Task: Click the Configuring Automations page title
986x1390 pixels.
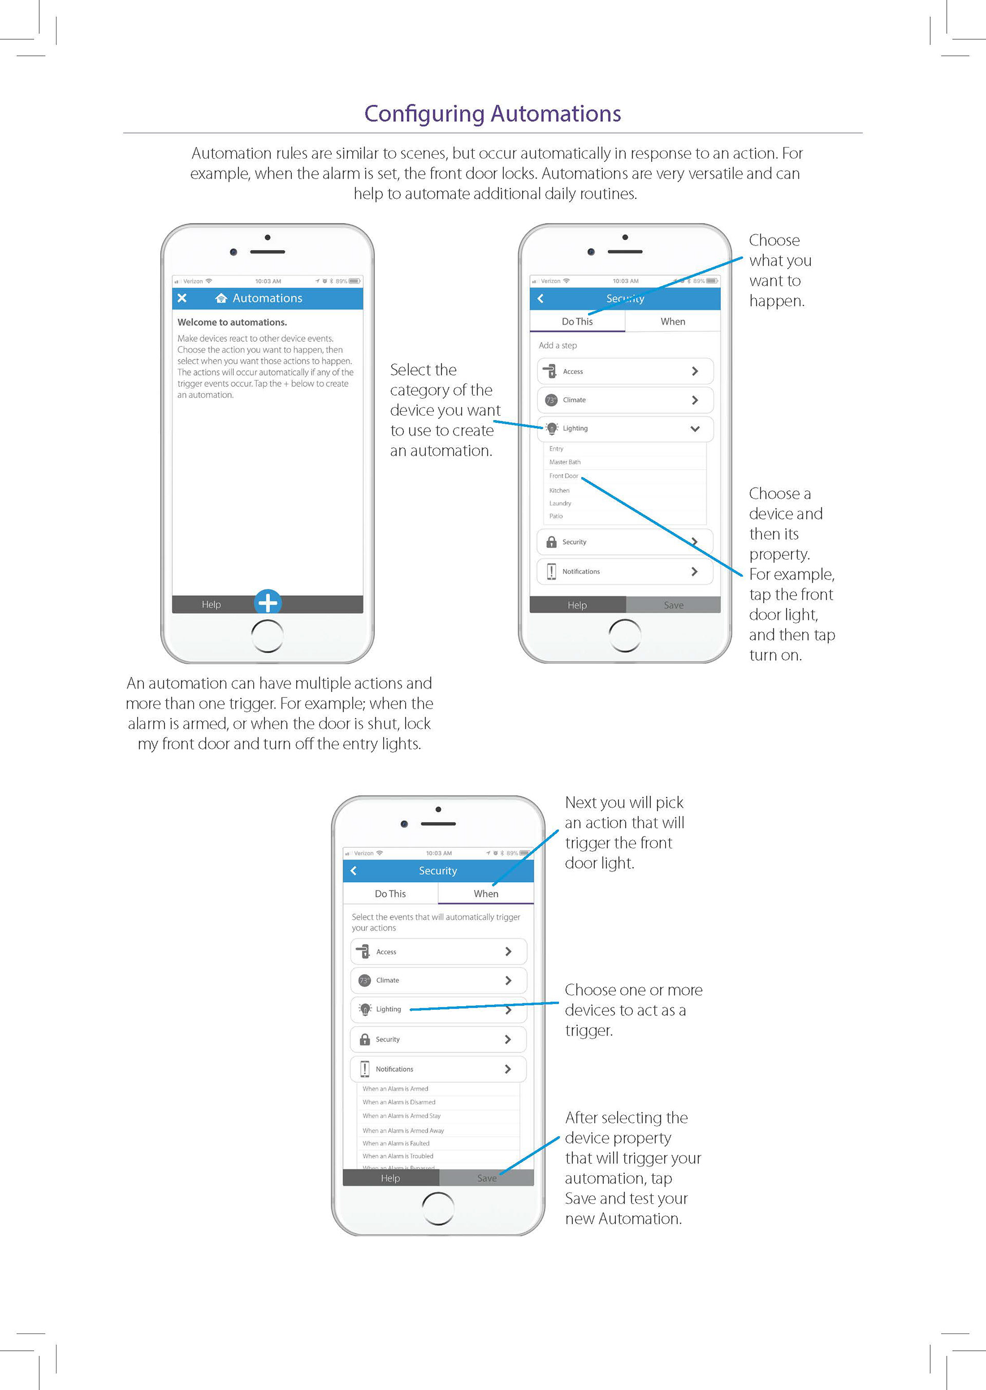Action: point(492,114)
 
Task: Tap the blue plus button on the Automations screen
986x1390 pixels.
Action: point(268,603)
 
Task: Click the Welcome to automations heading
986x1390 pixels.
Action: point(232,322)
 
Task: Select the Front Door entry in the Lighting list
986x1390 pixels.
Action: point(563,476)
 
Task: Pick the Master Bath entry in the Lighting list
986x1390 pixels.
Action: point(565,462)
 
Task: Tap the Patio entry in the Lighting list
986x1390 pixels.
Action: point(556,516)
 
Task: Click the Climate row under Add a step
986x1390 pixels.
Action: point(625,400)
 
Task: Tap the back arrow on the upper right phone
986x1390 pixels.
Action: point(540,298)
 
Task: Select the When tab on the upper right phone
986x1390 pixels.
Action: point(673,321)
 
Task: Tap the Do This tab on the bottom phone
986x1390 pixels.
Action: point(390,894)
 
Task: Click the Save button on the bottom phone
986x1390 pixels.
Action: point(486,1178)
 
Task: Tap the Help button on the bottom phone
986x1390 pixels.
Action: point(390,1178)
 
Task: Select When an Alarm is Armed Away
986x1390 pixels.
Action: point(403,1130)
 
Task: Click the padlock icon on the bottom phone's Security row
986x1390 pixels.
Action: point(365,1039)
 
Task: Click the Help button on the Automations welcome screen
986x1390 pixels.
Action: point(211,604)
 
